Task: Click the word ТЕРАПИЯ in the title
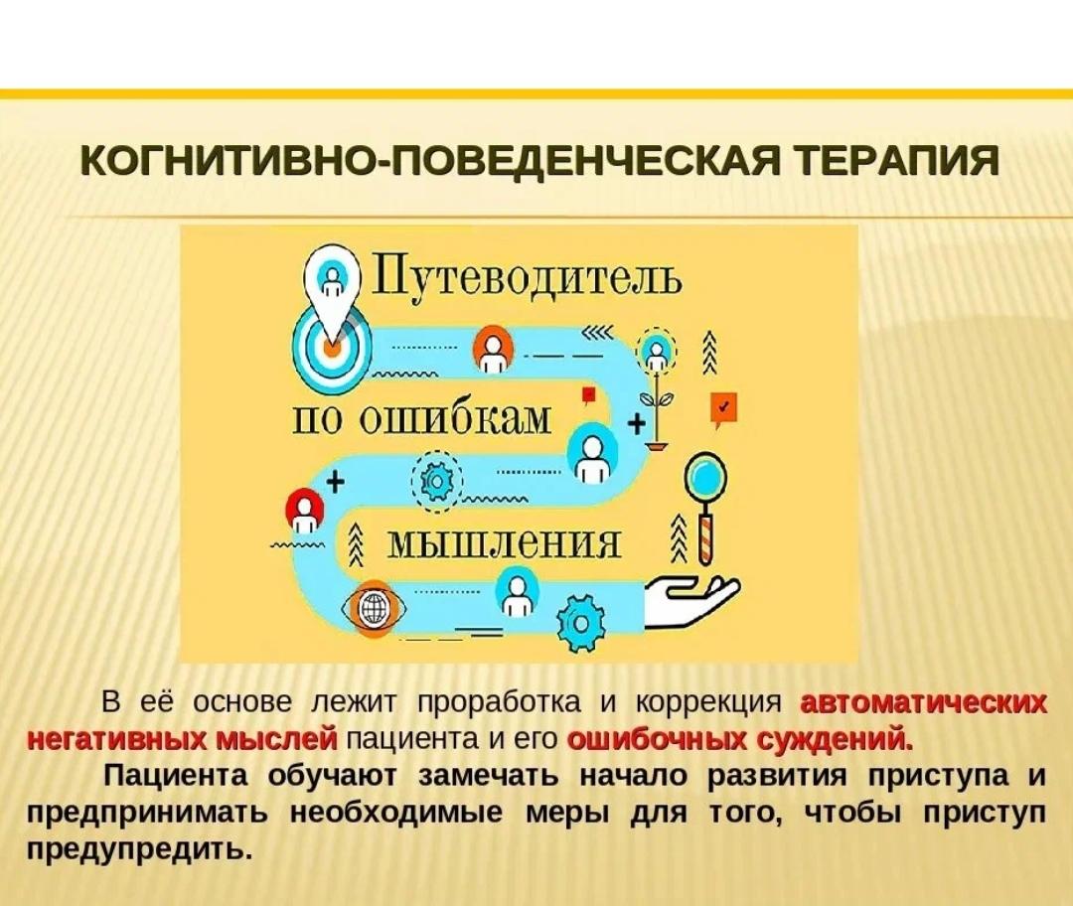(x=898, y=162)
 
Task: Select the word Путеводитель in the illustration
(x=527, y=278)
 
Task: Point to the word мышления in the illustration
(x=505, y=544)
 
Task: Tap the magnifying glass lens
(x=705, y=476)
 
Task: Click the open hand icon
(x=691, y=601)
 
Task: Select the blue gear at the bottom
(x=580, y=624)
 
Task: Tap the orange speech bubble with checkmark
(x=723, y=410)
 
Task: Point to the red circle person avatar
(x=305, y=512)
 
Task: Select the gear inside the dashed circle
(x=436, y=482)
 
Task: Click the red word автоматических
(x=923, y=702)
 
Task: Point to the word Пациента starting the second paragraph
(x=176, y=776)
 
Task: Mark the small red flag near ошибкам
(x=588, y=395)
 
